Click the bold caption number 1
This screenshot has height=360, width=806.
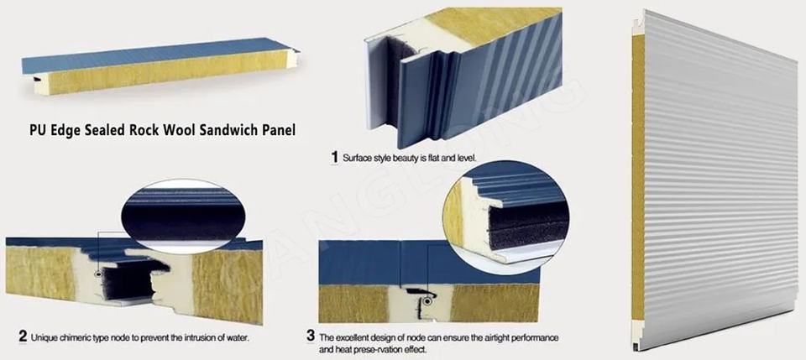[x=335, y=157]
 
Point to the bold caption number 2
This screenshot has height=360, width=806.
[x=23, y=337]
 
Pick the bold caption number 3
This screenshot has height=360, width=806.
[x=311, y=337]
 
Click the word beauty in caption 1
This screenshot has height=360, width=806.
[x=405, y=158]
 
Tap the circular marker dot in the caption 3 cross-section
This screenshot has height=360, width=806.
[x=427, y=301]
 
